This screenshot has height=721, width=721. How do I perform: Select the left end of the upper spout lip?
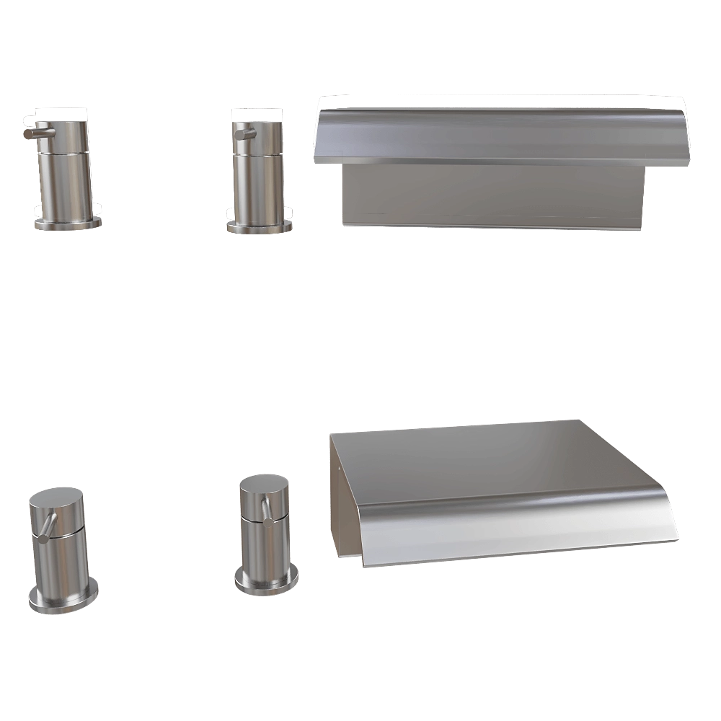(x=319, y=137)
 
